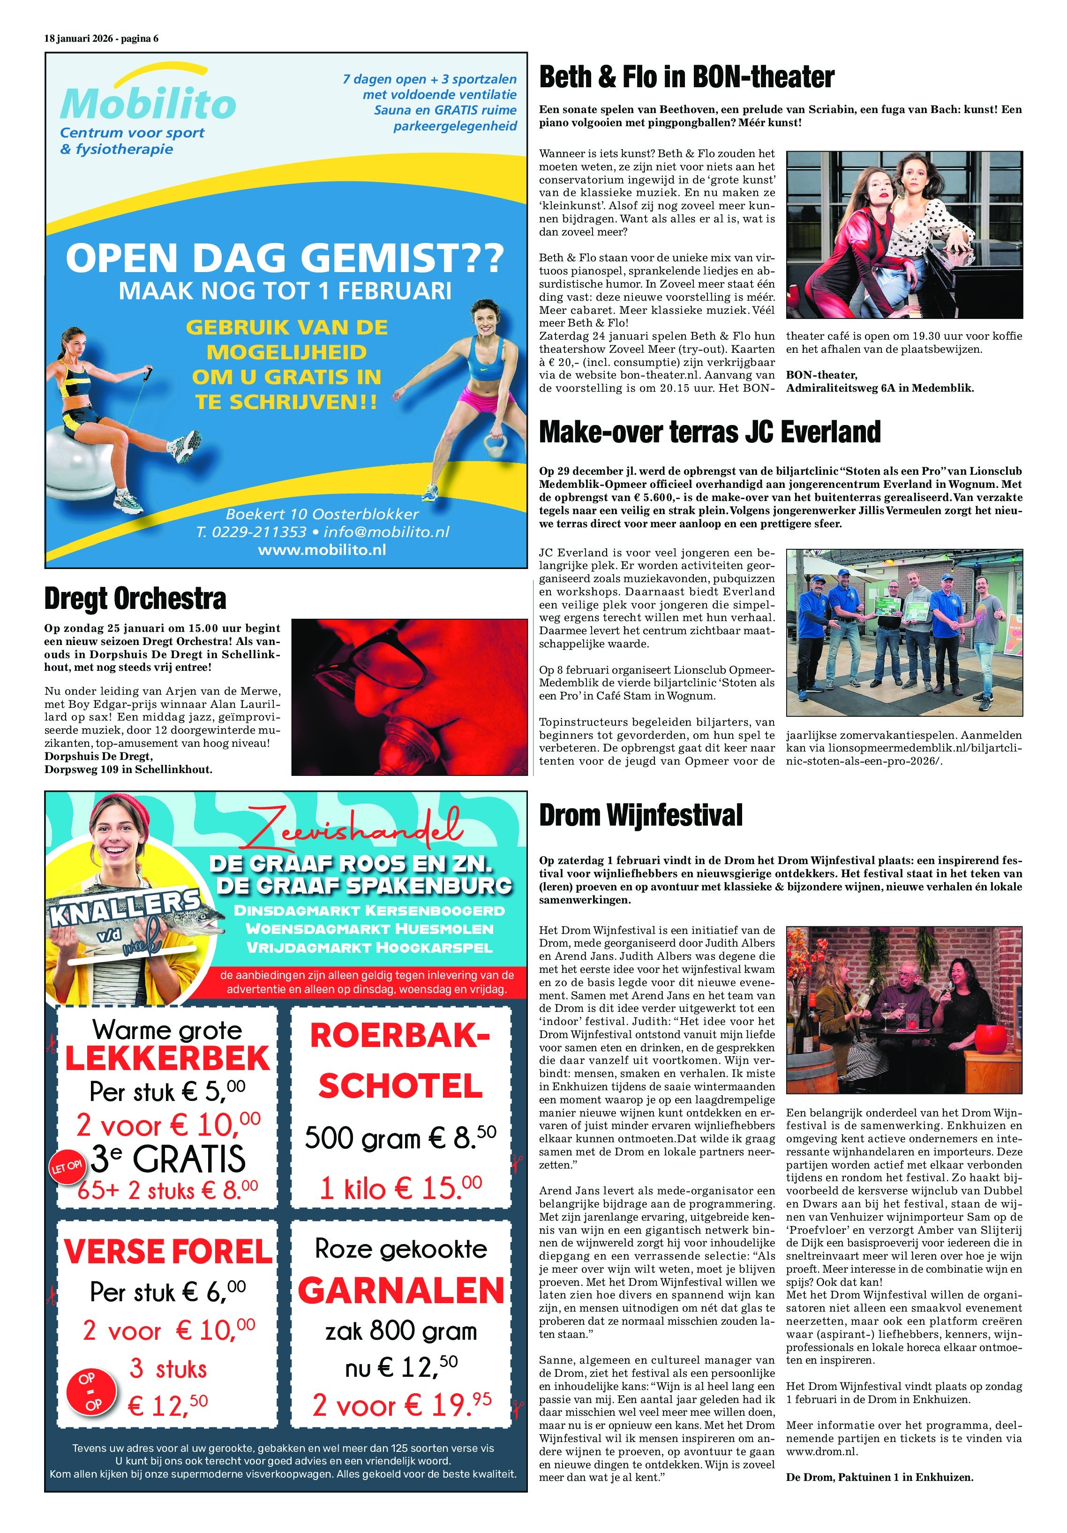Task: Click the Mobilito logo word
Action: tap(148, 104)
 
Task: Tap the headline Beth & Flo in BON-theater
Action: tap(686, 77)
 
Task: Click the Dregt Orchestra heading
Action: tap(135, 598)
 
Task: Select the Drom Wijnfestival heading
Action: tap(640, 815)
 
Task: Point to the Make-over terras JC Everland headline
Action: tap(709, 432)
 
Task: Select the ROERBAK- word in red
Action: tap(400, 1037)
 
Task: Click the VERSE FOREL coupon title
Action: tap(167, 1251)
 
